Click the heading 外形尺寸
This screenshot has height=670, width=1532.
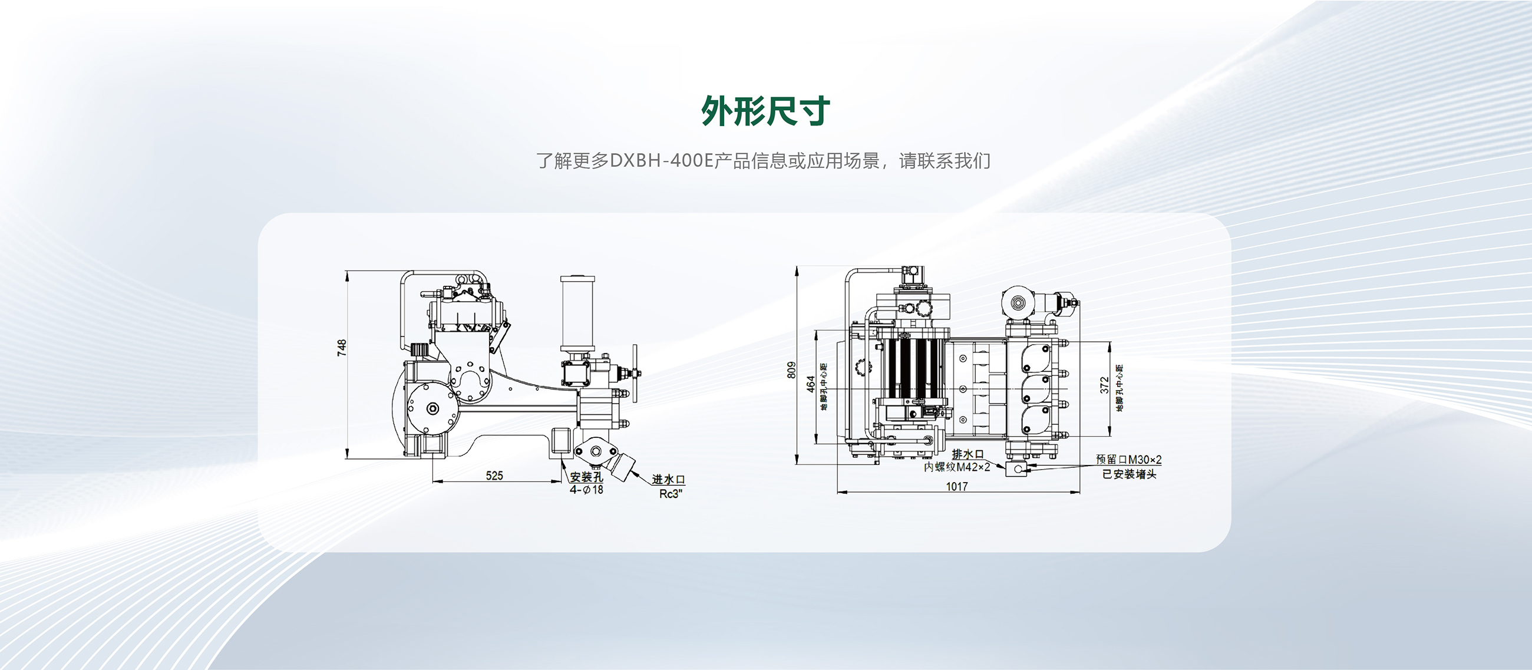click(x=765, y=111)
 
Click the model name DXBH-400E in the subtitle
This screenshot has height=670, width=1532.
click(x=661, y=161)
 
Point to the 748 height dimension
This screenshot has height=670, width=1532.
click(x=341, y=348)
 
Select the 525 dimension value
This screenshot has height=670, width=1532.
click(x=494, y=476)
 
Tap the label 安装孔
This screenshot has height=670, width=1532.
click(x=586, y=477)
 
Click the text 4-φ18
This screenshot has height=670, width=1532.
click(x=586, y=490)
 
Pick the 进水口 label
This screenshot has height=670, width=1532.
click(x=668, y=479)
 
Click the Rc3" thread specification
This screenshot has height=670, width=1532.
click(x=671, y=494)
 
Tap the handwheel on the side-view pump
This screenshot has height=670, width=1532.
click(x=635, y=374)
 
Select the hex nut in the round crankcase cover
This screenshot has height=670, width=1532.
click(x=432, y=408)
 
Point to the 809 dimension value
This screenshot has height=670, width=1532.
click(x=790, y=370)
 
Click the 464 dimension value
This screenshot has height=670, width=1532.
click(x=811, y=384)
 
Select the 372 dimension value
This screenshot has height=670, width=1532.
click(x=1104, y=385)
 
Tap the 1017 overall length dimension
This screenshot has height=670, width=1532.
click(x=957, y=487)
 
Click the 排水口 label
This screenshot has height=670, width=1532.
click(x=968, y=454)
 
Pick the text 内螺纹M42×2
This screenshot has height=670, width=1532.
click(x=957, y=467)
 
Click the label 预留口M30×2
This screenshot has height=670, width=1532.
click(x=1128, y=460)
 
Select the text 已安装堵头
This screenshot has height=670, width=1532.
click(x=1129, y=474)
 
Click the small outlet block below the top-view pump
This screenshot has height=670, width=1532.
click(x=1018, y=469)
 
